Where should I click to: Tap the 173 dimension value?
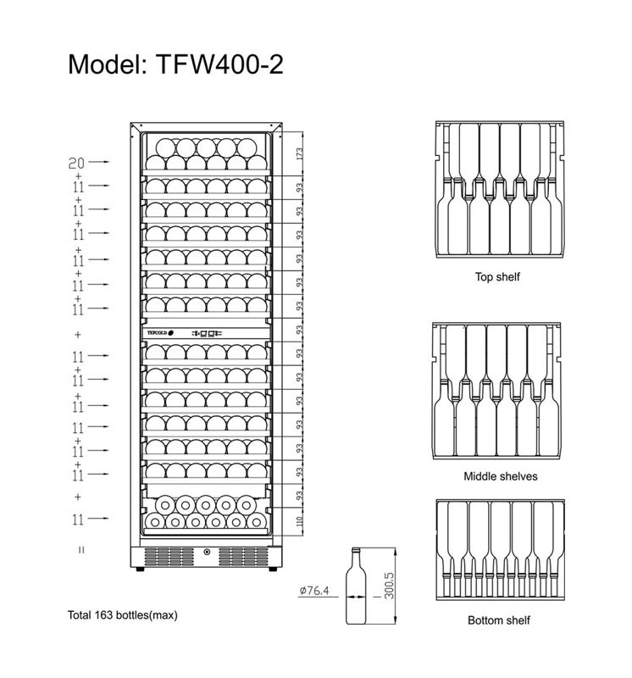tap(300, 154)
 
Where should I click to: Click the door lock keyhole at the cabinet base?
tap(206, 555)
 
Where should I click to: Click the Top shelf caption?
tap(497, 277)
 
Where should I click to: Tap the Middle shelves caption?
tap(500, 476)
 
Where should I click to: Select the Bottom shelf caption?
tap(499, 620)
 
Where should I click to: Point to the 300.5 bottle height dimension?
tap(389, 585)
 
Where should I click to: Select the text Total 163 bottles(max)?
tap(123, 614)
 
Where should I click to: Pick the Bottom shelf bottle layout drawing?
tap(498, 548)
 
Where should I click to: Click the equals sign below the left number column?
tap(80, 550)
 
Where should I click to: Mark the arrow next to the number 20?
tap(101, 160)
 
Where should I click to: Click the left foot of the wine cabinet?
tap(140, 570)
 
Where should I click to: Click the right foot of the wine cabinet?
tap(271, 570)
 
